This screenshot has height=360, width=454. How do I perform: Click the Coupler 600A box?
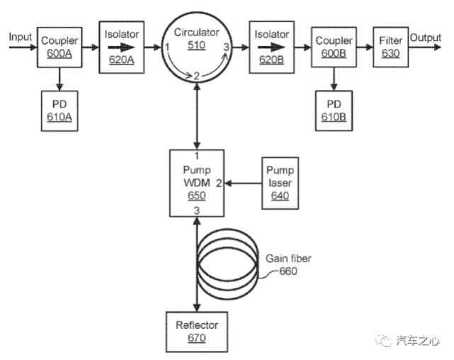coord(59,47)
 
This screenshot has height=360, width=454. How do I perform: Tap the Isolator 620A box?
coord(123,47)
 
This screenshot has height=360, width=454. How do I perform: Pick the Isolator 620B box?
coord(272,47)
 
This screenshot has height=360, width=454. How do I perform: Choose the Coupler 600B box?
coord(334,47)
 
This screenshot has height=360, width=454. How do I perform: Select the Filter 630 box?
coord(390,47)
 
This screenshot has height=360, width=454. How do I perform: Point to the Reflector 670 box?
coord(196,331)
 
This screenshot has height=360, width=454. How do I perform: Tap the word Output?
coord(426,38)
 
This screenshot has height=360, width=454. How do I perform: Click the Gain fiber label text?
coord(288,259)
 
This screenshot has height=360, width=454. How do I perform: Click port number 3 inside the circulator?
coord(226,47)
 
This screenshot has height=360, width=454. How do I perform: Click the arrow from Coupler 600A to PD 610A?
coord(59,79)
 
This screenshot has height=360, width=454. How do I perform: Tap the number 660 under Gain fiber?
coord(288,271)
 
